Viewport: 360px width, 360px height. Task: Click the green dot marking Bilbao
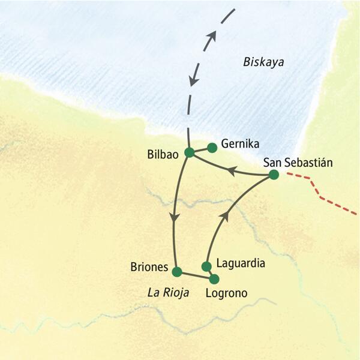tap(189, 152)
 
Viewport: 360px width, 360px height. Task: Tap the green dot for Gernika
tap(211, 146)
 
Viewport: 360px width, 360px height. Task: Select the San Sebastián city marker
tap(274, 175)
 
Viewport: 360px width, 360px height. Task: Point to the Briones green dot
tap(176, 272)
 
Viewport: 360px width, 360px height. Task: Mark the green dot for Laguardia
tap(206, 266)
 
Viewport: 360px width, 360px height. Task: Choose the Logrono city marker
tap(214, 278)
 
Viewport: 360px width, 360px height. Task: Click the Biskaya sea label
tap(263, 62)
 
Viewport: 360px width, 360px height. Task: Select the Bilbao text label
tap(163, 154)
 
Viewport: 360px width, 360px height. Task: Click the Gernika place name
tap(240, 144)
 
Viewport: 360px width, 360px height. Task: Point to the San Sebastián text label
tap(298, 162)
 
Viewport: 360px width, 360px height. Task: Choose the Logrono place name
tap(226, 293)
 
